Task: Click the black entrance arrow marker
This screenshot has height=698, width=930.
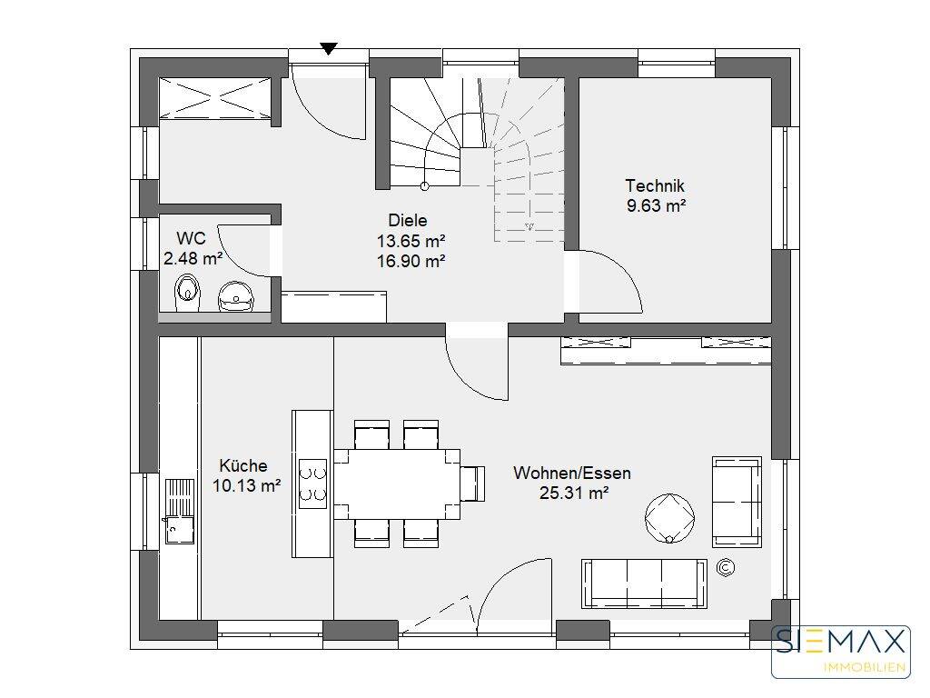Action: pyautogui.click(x=329, y=49)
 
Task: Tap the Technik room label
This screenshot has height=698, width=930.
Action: pyautogui.click(x=655, y=185)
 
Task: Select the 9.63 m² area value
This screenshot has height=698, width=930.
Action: pyautogui.click(x=656, y=206)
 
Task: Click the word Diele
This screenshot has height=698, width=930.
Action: pyautogui.click(x=408, y=220)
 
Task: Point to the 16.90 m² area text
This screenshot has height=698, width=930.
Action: pyautogui.click(x=411, y=261)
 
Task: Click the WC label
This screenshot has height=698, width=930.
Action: pyautogui.click(x=191, y=239)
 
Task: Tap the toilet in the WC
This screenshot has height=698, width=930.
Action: pyautogui.click(x=187, y=293)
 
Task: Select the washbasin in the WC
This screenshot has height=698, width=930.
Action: pyautogui.click(x=237, y=296)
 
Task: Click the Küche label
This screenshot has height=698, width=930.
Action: pyautogui.click(x=243, y=465)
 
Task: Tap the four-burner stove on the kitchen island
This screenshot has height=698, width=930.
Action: pyautogui.click(x=312, y=484)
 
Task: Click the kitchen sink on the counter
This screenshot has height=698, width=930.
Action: pyautogui.click(x=179, y=511)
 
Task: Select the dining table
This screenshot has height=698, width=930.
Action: pyautogui.click(x=397, y=484)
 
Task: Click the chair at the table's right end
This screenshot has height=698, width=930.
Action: pyautogui.click(x=472, y=484)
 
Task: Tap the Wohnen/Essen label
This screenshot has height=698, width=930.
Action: pyautogui.click(x=572, y=473)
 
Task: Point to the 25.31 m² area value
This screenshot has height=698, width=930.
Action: pyautogui.click(x=574, y=493)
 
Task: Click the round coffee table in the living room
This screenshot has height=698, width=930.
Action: pyautogui.click(x=669, y=518)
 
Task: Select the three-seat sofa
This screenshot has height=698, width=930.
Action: pyautogui.click(x=644, y=583)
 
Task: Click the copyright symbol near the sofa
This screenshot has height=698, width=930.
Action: pyautogui.click(x=726, y=568)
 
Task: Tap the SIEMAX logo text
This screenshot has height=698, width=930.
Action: pyautogui.click(x=842, y=643)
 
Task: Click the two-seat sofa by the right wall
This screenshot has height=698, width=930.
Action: pyautogui.click(x=737, y=502)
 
